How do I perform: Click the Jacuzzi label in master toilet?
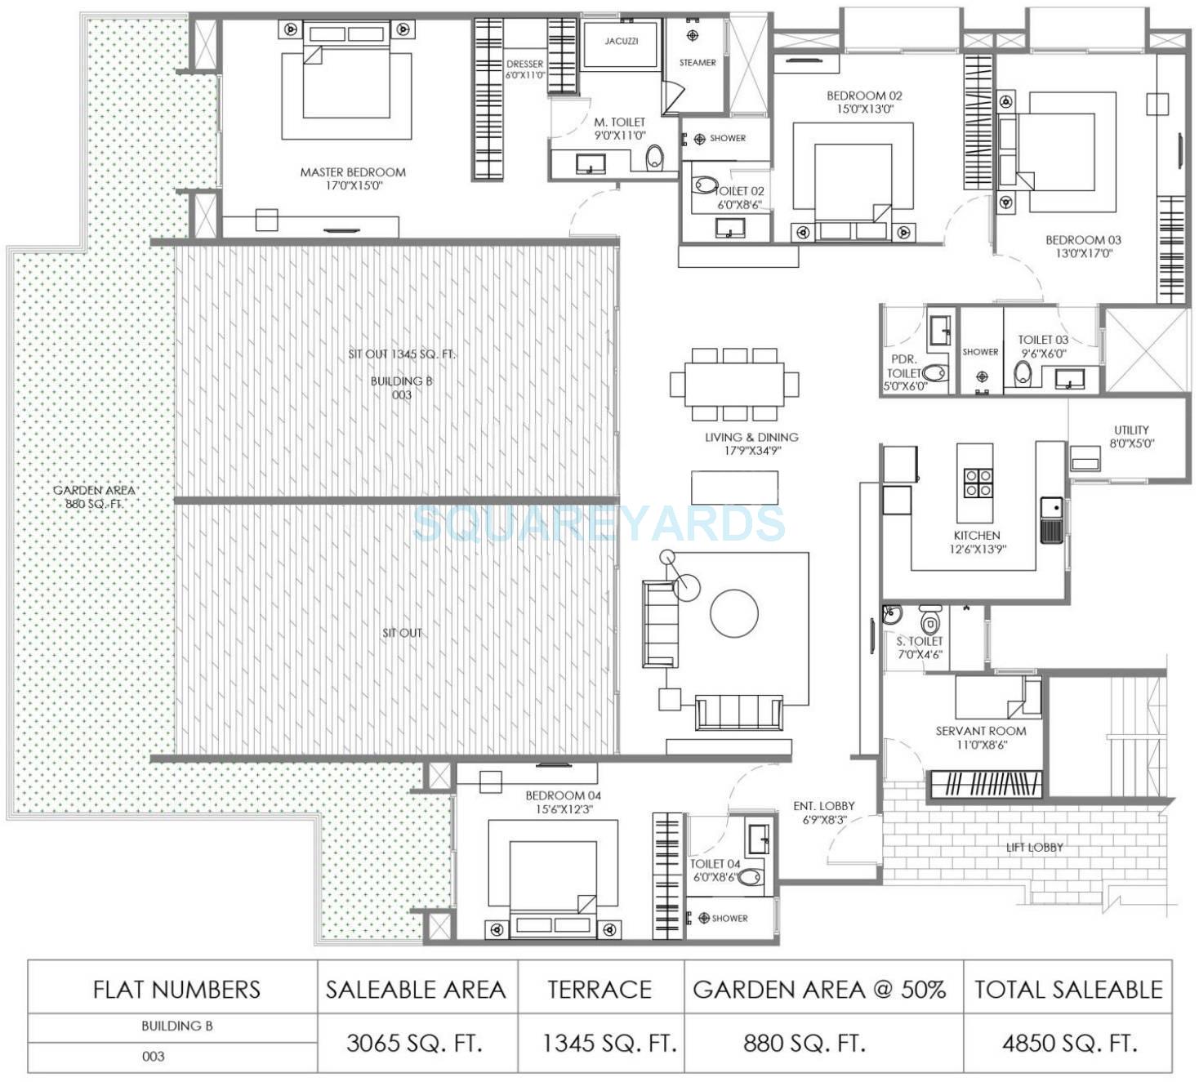[x=622, y=41]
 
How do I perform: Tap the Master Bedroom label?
[x=353, y=172]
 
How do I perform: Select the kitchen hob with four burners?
[x=978, y=483]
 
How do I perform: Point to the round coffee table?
[x=734, y=613]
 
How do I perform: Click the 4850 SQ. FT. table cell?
[x=1069, y=1043]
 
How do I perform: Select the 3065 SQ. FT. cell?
[x=415, y=1043]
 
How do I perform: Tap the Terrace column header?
[x=599, y=990]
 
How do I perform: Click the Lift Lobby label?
[x=1035, y=847]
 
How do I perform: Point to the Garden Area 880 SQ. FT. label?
[x=94, y=496]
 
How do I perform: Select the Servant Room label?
[x=980, y=731]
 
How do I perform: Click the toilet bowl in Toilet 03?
[x=1023, y=374]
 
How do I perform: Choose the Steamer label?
[x=698, y=63]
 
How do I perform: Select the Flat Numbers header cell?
[x=176, y=990]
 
